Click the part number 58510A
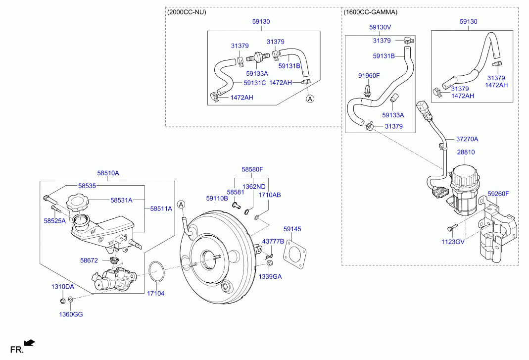click(108, 173)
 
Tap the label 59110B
click(217, 198)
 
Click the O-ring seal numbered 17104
click(157, 273)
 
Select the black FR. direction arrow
click(29, 342)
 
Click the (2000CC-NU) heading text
click(187, 12)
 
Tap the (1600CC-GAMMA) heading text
click(371, 12)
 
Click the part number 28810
click(465, 153)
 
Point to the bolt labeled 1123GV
click(450, 229)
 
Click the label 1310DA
click(62, 287)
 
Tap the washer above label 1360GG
click(71, 299)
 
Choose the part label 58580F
click(252, 169)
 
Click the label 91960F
click(369, 75)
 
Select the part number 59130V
click(380, 28)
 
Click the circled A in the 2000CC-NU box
click(310, 99)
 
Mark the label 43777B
click(273, 241)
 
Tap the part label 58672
click(90, 259)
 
